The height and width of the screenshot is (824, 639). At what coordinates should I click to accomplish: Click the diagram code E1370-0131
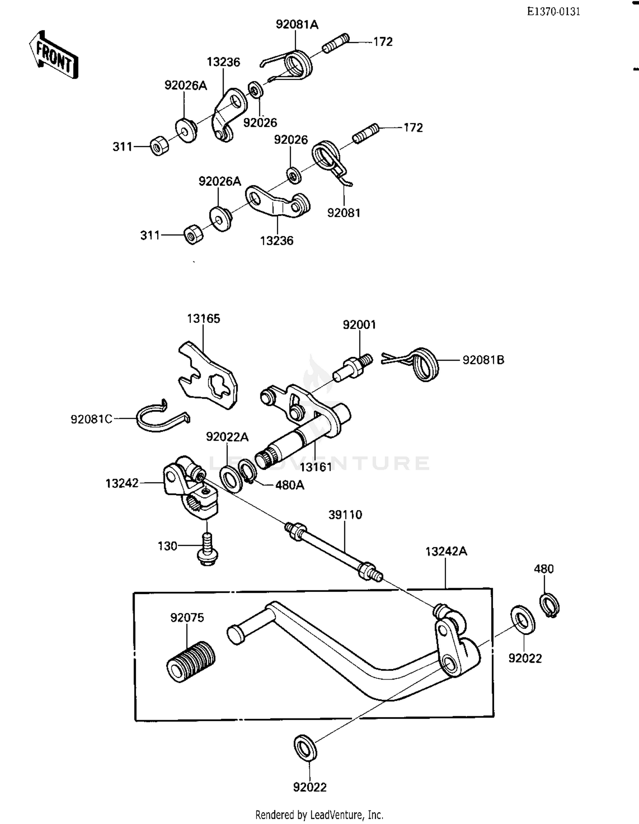click(553, 12)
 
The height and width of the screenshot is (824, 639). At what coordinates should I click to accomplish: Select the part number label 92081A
click(297, 25)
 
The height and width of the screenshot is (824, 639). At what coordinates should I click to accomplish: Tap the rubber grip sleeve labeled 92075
click(190, 660)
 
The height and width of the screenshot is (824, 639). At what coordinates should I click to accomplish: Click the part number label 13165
click(203, 319)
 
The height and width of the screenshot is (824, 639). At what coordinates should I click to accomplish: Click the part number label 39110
click(345, 514)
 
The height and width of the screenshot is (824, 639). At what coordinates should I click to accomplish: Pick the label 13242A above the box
click(446, 551)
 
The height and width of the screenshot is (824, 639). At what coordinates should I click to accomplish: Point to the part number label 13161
click(315, 467)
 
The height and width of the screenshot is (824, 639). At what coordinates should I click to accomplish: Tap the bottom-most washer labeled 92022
click(305, 747)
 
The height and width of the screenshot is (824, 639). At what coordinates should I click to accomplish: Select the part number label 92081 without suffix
click(343, 213)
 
